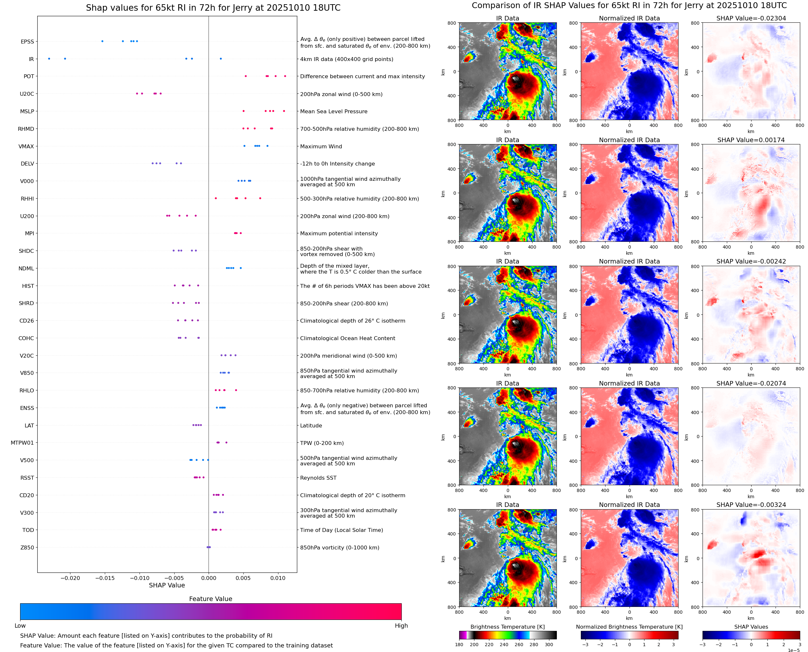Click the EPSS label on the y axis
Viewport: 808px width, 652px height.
[x=27, y=42]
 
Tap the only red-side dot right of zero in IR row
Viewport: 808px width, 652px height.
[x=220, y=59]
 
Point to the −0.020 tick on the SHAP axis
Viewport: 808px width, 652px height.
[x=70, y=578]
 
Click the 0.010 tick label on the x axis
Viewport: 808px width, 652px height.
[x=278, y=578]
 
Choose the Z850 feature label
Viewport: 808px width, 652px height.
[x=27, y=547]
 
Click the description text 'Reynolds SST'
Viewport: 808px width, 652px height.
[x=318, y=478]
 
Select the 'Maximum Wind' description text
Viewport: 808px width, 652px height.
[x=321, y=146]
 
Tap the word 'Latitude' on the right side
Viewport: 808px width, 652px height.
[x=311, y=425]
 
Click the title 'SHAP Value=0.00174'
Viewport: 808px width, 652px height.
[x=751, y=140]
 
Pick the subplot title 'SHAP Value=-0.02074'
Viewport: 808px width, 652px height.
[x=751, y=383]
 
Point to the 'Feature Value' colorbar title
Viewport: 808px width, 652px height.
[x=211, y=599]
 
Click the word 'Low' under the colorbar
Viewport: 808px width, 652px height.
[x=20, y=625]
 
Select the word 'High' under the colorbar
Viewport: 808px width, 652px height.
[x=401, y=625]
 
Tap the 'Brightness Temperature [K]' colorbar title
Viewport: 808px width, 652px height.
[x=507, y=626]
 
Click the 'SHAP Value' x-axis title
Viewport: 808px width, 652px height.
[x=167, y=585]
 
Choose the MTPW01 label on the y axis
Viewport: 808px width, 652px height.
[x=22, y=443]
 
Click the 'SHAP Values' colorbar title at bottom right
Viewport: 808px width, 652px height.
[x=751, y=626]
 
